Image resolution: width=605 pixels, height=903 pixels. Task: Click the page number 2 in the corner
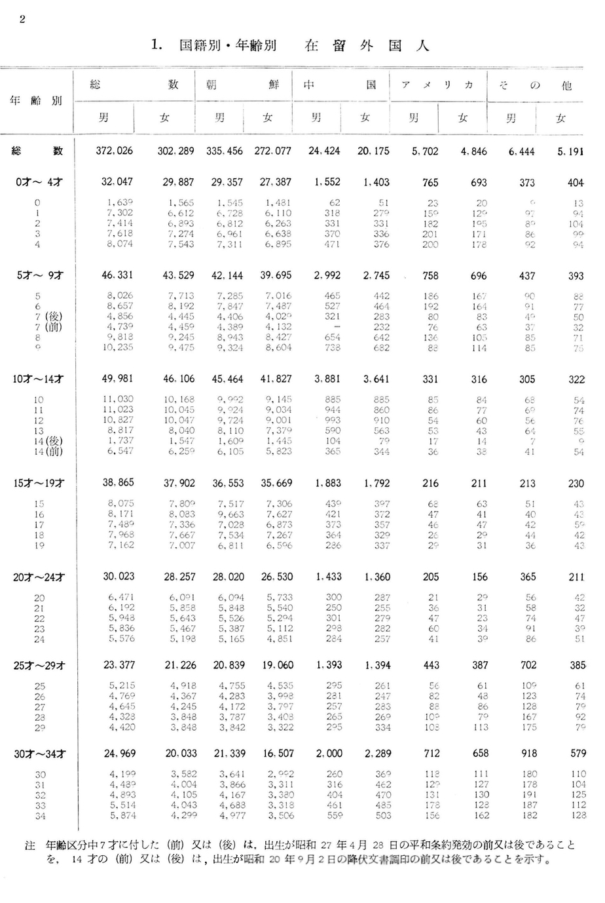coord(22,18)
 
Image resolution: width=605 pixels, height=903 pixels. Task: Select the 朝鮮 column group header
coord(242,85)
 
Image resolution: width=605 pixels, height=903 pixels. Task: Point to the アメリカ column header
coord(437,85)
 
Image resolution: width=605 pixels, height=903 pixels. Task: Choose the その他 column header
coord(536,85)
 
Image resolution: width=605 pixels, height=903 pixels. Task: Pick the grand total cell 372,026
coord(114,151)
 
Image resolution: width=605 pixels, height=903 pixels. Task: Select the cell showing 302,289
coord(175,151)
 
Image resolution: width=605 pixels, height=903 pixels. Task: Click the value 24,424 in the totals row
coord(324,151)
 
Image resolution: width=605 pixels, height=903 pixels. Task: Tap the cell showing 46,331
coord(118,275)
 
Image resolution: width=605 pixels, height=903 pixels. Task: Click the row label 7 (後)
coord(47,317)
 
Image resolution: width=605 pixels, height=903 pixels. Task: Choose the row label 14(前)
coord(47,451)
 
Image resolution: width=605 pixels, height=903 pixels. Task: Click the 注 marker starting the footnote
coord(29,846)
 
